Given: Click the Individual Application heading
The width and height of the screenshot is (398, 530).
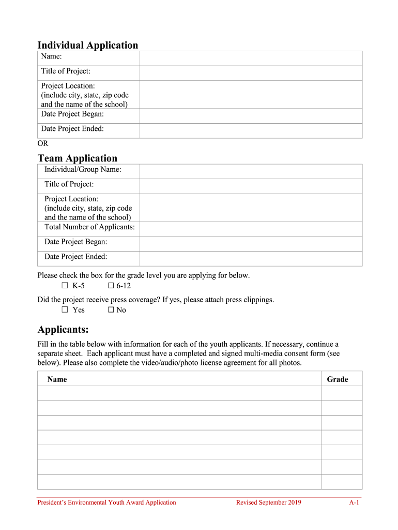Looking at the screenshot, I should (x=88, y=45).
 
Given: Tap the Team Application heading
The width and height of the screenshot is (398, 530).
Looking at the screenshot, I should (x=78, y=158).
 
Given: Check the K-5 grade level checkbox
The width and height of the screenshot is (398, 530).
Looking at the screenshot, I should (x=65, y=286).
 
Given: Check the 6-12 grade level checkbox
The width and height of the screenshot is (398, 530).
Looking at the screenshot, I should (x=111, y=286).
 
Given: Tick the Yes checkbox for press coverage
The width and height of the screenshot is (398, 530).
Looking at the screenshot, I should (x=65, y=310).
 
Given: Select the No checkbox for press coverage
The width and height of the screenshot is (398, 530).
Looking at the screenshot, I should (x=111, y=310).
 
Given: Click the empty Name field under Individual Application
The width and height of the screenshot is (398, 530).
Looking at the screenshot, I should (x=251, y=58).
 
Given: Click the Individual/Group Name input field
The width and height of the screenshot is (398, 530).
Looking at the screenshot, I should (x=251, y=171).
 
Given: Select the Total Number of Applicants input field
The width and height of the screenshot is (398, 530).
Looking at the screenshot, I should (x=251, y=229).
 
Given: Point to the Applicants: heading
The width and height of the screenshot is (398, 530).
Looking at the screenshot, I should (x=63, y=330).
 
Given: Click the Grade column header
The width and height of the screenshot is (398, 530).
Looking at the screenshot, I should (x=338, y=379).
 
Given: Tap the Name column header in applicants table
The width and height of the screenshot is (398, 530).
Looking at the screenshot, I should (x=57, y=379).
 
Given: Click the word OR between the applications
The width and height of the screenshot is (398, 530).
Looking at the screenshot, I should (x=43, y=143).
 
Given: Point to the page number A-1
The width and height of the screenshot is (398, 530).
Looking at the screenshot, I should (x=354, y=502).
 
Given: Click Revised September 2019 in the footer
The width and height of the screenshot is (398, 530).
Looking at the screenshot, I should (x=268, y=502).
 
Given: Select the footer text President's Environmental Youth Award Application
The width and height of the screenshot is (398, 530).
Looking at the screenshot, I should (x=106, y=502).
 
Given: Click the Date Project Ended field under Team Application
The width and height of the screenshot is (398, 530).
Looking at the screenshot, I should (x=251, y=258).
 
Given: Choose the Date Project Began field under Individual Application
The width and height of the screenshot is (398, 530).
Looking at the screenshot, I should (x=251, y=116).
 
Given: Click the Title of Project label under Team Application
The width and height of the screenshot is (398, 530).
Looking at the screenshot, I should (x=69, y=184).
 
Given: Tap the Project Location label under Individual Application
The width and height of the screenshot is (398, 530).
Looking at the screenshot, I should (x=68, y=86).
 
